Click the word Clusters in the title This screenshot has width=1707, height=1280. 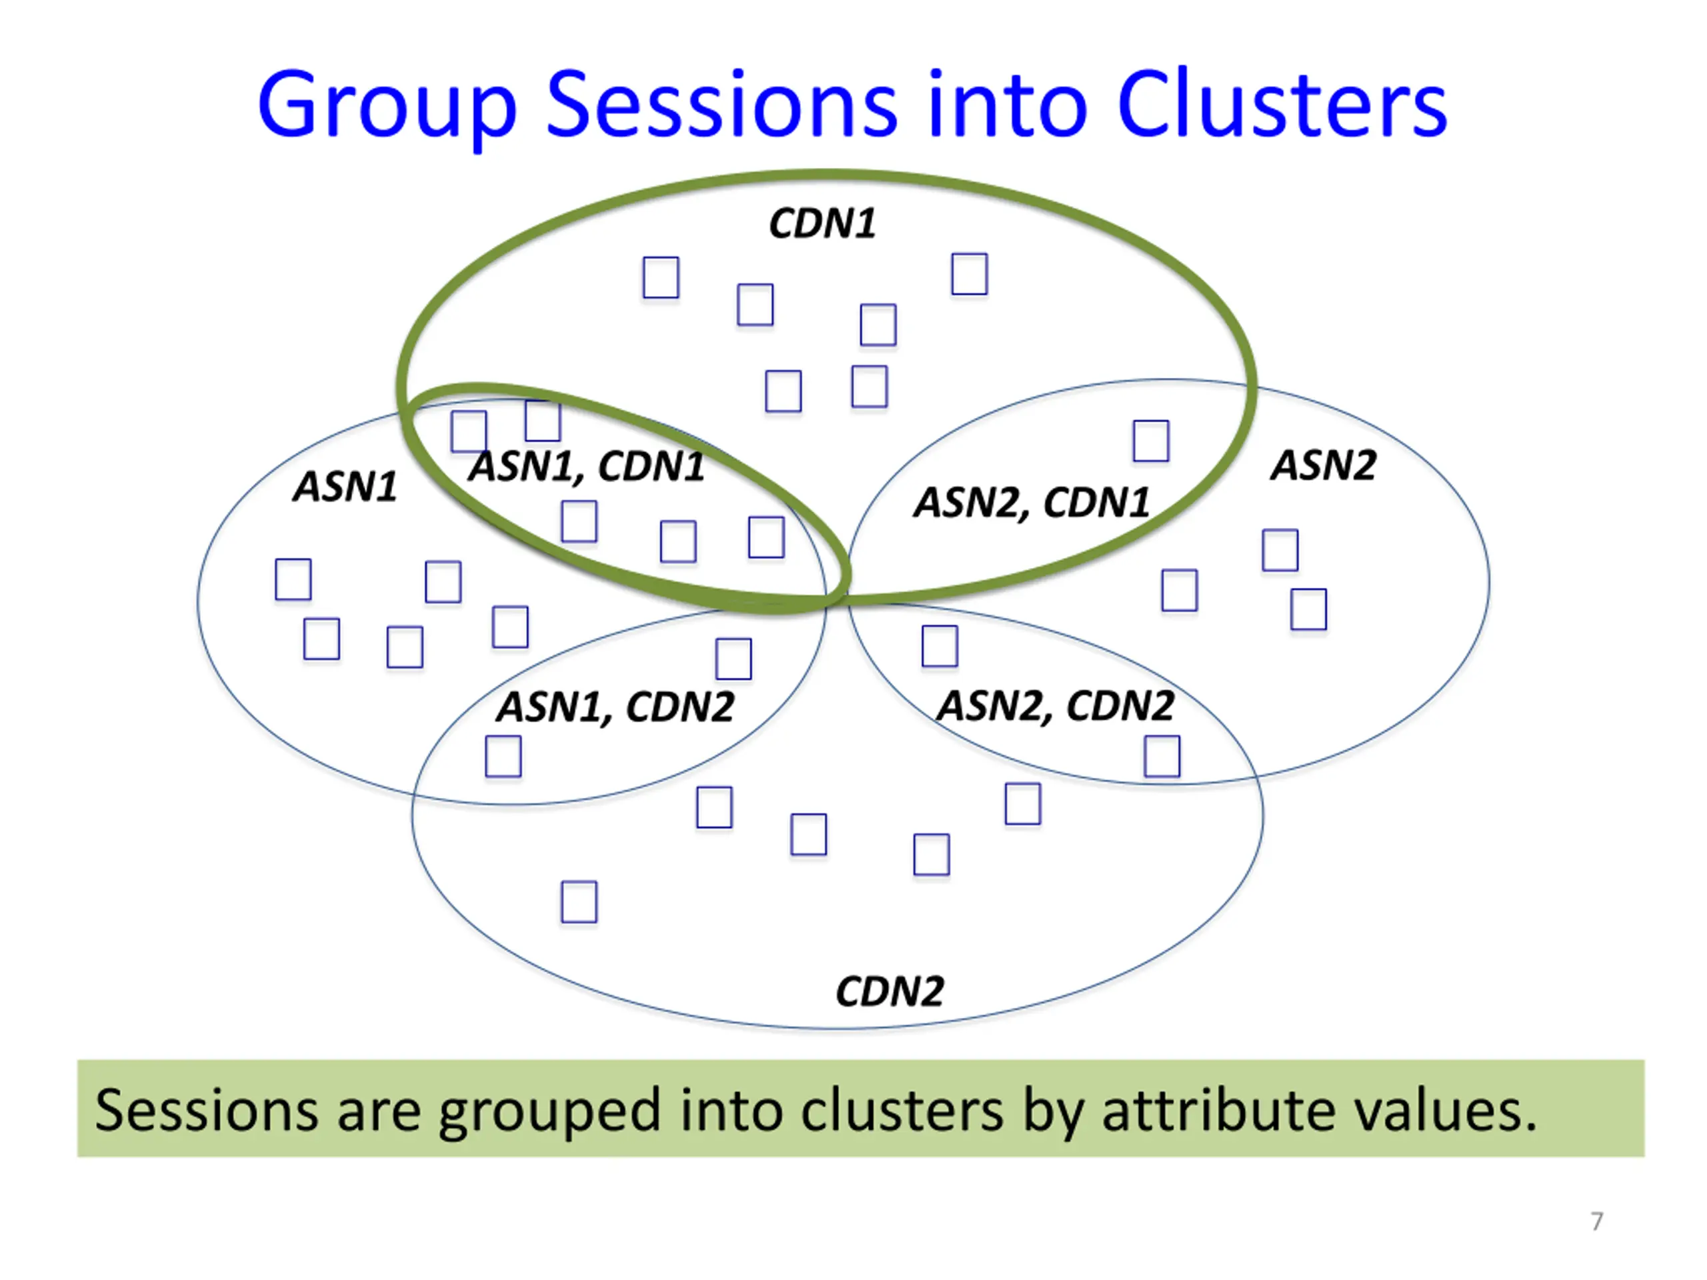click(x=1281, y=104)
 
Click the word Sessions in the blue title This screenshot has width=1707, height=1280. click(x=722, y=104)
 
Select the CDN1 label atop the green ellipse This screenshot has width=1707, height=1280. click(x=823, y=224)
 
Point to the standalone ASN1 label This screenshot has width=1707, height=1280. click(x=345, y=487)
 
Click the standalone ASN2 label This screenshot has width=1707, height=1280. click(x=1324, y=465)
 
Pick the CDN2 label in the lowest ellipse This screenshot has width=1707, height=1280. click(x=890, y=991)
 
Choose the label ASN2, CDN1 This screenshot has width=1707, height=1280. click(x=1032, y=503)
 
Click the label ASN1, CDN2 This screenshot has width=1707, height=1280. click(x=615, y=707)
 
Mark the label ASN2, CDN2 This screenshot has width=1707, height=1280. click(x=1055, y=706)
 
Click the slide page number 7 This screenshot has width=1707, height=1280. click(x=1597, y=1221)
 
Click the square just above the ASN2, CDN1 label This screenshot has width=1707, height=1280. click(x=1151, y=441)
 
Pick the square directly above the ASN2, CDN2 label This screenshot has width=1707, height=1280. click(x=940, y=646)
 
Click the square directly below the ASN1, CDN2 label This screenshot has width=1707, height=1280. click(x=503, y=756)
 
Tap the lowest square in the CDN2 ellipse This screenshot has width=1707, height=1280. click(x=579, y=902)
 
